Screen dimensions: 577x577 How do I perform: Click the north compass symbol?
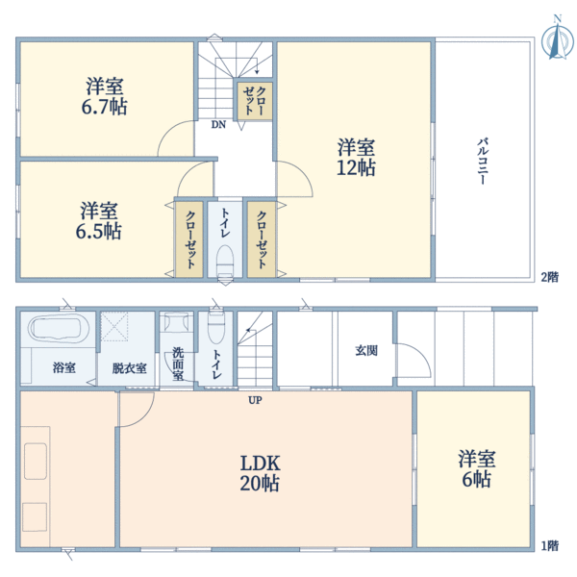pos(556,39)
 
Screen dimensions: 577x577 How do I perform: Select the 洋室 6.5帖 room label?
pos(100,221)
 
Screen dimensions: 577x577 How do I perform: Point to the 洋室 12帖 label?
pos(356,158)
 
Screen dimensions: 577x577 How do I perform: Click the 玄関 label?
pos(366,350)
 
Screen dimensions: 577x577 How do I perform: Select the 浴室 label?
pos(64,367)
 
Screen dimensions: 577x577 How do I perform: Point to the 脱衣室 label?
pos(128,367)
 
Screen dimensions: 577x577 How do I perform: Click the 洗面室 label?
pos(178,363)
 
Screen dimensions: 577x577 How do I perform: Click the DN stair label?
pos(219,124)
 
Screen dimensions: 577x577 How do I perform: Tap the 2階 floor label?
pos(548,277)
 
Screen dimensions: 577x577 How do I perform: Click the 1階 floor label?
pos(548,546)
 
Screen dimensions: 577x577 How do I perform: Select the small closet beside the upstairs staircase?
pos(255,100)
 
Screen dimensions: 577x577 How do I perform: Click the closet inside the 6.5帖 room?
pos(189,238)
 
